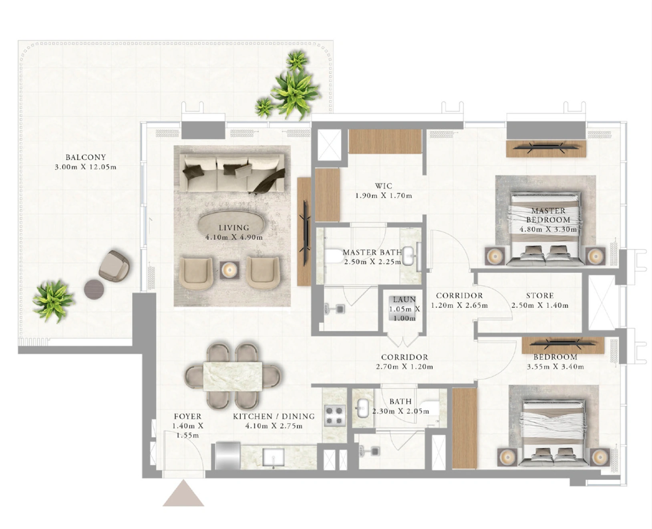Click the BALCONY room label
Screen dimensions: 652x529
(x=86, y=157)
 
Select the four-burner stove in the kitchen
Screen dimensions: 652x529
(x=334, y=416)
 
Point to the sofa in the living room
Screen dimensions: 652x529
(x=232, y=173)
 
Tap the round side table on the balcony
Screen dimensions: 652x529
(x=94, y=289)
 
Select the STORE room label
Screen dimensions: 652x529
(x=539, y=296)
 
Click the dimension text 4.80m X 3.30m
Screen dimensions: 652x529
(x=548, y=229)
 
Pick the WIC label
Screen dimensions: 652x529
(x=384, y=186)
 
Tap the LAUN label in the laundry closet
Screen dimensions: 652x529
(x=404, y=299)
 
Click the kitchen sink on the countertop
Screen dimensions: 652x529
(x=274, y=458)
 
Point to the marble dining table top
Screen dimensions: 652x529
(x=233, y=376)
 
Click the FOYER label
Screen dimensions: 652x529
(x=188, y=416)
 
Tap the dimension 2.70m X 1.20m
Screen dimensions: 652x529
(x=404, y=367)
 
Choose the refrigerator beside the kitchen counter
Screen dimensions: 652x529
(x=228, y=456)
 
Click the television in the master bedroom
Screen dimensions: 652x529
(x=545, y=147)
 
